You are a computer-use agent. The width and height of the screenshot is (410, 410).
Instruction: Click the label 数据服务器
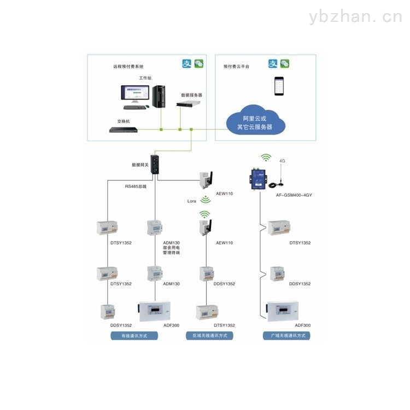(192, 95)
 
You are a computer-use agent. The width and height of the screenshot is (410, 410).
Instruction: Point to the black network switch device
(123, 130)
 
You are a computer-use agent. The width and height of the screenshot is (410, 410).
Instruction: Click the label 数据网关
(140, 165)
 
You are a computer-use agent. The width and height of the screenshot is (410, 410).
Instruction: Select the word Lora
(192, 201)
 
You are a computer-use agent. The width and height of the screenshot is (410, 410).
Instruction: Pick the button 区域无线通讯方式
(209, 336)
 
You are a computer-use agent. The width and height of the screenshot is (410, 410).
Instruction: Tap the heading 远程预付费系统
(128, 67)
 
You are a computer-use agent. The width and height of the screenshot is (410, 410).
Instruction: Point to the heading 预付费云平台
(236, 67)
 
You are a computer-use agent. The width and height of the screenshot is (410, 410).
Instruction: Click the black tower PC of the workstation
(159, 97)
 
